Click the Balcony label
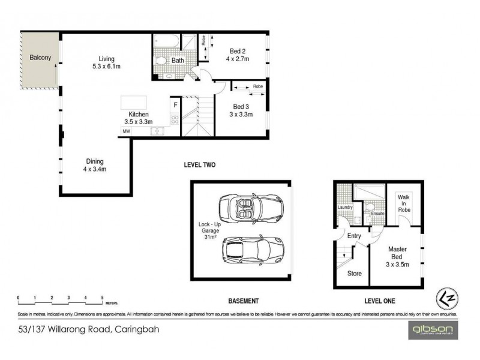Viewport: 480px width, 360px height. (40, 58)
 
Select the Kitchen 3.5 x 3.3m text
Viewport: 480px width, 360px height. (138, 118)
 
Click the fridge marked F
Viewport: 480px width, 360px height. (175, 105)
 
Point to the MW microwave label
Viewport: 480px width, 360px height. (126, 131)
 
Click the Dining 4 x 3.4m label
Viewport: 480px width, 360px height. (94, 165)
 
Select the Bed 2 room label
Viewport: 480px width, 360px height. (237, 55)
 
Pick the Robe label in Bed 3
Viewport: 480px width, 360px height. (257, 87)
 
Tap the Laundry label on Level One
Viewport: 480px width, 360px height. (344, 207)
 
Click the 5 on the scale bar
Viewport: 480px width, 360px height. (103, 297)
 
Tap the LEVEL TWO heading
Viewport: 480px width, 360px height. (200, 165)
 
